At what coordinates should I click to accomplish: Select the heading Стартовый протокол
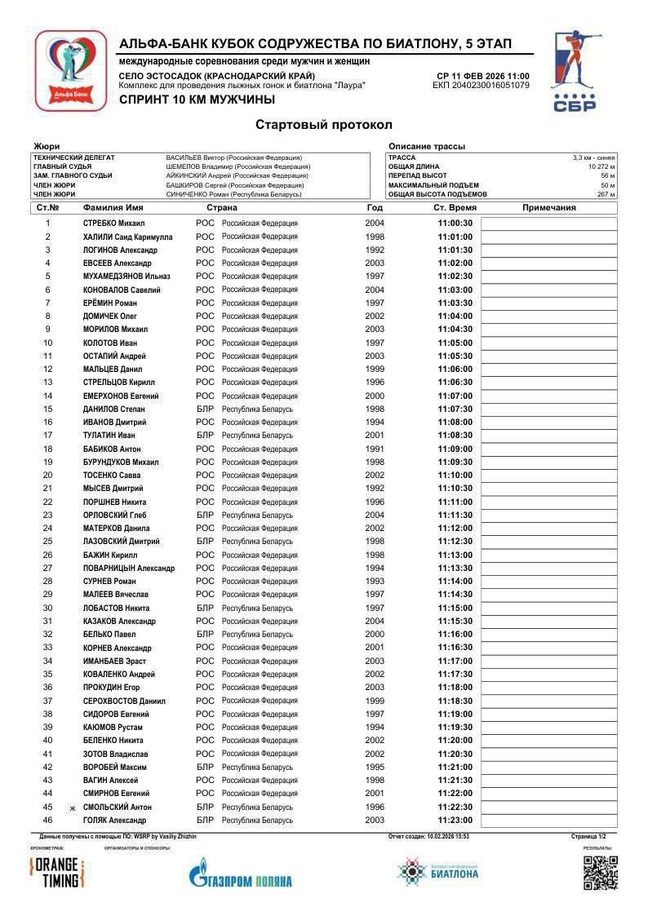(324, 125)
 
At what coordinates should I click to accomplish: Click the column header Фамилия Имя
(119, 208)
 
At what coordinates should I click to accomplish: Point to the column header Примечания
(548, 208)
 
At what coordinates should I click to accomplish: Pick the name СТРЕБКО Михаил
(113, 223)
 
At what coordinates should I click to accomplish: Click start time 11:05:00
(455, 343)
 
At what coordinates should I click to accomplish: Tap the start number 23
(48, 515)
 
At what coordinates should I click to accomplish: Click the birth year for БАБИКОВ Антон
(375, 449)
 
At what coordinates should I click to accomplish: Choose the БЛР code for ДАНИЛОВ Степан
(205, 409)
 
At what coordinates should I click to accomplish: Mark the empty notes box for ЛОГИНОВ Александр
(548, 250)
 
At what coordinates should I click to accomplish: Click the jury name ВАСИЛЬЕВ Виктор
(233, 157)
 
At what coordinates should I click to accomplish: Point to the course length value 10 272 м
(601, 166)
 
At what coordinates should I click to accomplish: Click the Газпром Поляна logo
(240, 874)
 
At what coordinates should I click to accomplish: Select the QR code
(600, 872)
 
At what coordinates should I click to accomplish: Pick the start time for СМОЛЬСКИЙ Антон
(455, 807)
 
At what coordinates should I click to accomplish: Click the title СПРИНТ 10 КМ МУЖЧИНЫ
(197, 100)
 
